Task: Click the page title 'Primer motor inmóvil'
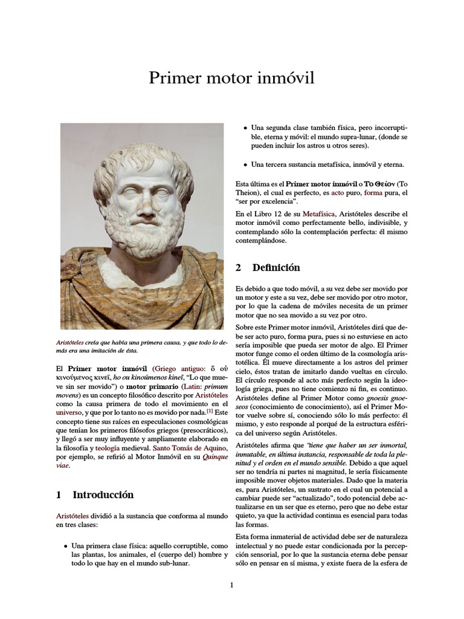point(232,79)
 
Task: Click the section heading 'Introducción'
point(103,494)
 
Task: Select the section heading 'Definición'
point(276,267)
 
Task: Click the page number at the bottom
point(231,585)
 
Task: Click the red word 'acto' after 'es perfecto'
point(337,192)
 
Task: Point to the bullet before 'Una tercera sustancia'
point(245,164)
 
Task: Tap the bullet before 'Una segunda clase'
point(245,129)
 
